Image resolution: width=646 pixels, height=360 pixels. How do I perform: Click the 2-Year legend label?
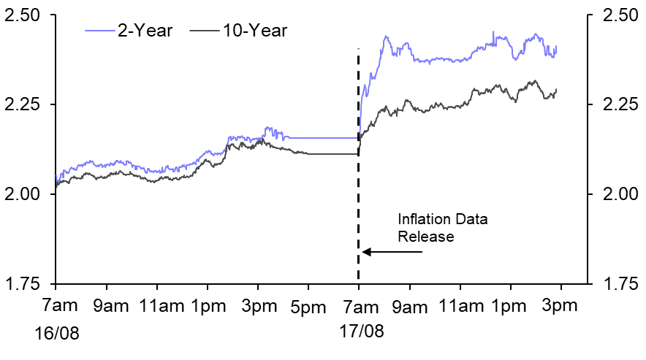pos(142,31)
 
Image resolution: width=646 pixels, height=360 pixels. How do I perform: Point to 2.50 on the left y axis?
pos(23,15)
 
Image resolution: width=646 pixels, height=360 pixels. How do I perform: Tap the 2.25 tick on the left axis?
pos(23,104)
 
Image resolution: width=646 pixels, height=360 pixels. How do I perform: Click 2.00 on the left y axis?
pos(23,194)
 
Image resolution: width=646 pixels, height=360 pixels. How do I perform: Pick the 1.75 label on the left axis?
pos(23,283)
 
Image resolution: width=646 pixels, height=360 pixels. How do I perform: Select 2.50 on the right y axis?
pos(620,15)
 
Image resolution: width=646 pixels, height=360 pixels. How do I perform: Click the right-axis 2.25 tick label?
pos(620,104)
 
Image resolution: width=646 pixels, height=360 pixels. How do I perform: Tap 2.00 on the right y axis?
pos(620,194)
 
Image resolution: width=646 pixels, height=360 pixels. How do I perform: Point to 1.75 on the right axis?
pos(620,283)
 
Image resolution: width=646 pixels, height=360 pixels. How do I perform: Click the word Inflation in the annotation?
pos(422,220)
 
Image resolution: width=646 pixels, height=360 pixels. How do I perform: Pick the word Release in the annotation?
pos(426,236)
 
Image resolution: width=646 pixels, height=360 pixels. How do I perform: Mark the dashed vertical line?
pos(358,161)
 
